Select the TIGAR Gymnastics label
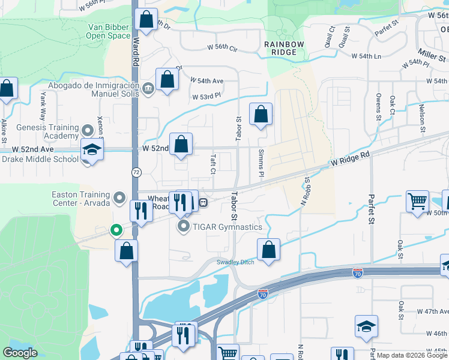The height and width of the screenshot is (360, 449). (x=227, y=227)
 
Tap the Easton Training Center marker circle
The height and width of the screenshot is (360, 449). (x=119, y=197)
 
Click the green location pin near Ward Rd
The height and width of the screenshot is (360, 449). (x=115, y=230)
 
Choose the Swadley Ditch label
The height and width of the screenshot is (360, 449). (x=236, y=262)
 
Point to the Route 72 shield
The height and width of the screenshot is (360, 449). (x=136, y=172)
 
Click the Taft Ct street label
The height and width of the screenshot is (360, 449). (x=212, y=163)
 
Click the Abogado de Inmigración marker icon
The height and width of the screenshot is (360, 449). (x=148, y=89)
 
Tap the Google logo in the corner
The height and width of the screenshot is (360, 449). (x=20, y=353)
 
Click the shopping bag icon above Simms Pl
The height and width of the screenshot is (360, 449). (x=261, y=114)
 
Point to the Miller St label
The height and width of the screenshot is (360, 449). (x=433, y=58)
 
